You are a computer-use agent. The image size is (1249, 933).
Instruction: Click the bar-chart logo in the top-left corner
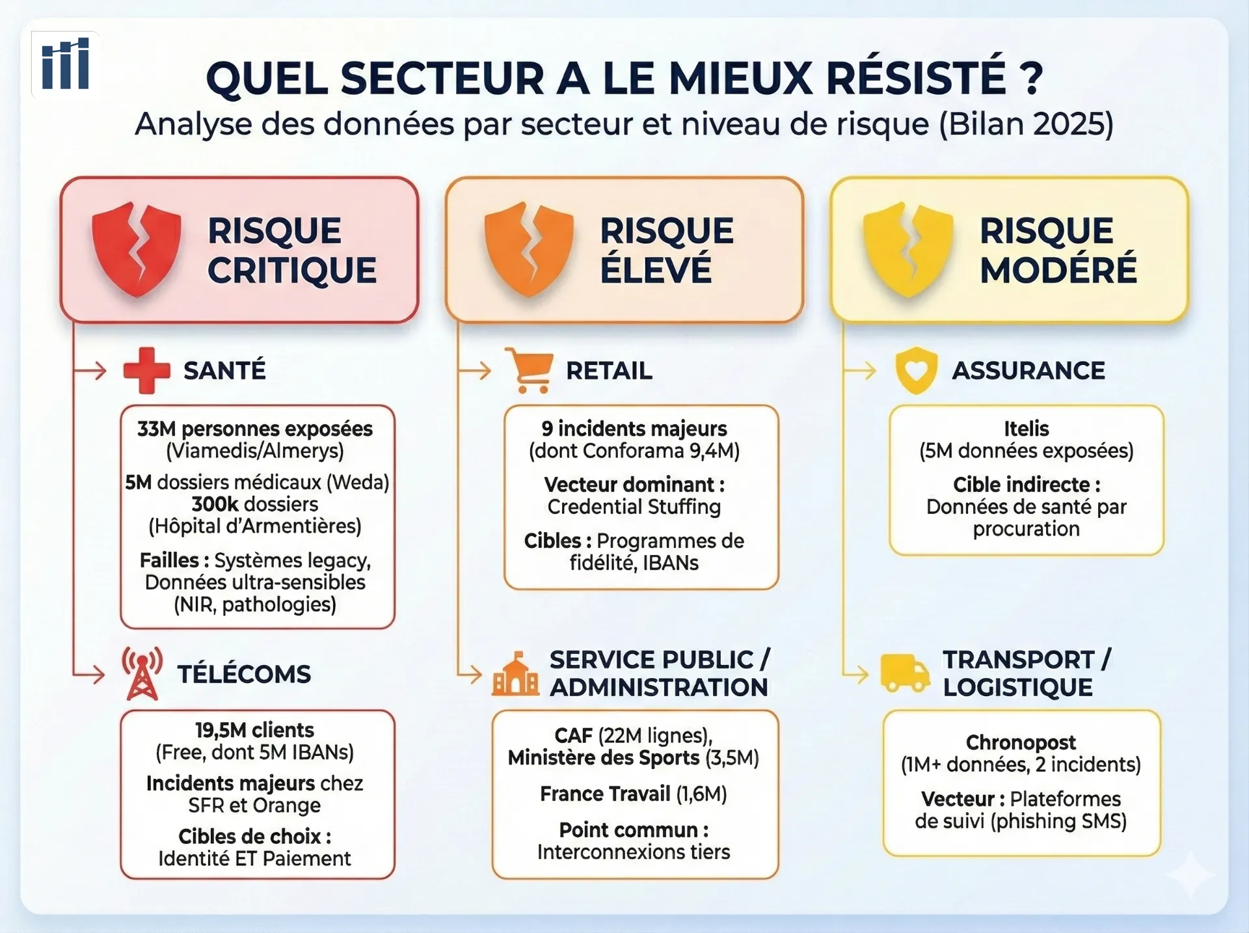tap(65, 64)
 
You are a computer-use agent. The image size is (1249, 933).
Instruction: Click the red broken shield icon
tap(137, 250)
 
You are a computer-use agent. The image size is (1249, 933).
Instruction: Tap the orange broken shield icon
tap(529, 250)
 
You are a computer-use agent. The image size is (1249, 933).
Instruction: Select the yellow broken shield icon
tap(908, 250)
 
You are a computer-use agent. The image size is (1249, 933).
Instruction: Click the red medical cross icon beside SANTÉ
tap(146, 370)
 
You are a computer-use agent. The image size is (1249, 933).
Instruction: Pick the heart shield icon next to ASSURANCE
tap(916, 371)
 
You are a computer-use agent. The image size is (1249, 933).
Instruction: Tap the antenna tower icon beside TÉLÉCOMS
tap(142, 674)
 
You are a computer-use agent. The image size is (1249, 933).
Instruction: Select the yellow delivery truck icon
tap(904, 673)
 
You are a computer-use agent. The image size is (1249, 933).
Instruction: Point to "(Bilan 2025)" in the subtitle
tap(1026, 124)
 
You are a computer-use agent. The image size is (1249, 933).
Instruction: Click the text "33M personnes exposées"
tap(255, 429)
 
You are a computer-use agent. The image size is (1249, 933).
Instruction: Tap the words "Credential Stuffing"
tap(634, 507)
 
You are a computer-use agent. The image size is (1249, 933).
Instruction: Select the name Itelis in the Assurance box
tap(1026, 429)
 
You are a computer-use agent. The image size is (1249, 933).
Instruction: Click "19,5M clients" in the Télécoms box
tap(254, 730)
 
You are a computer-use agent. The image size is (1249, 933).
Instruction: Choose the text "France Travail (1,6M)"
tap(633, 794)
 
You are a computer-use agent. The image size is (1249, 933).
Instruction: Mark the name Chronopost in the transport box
tap(1021, 742)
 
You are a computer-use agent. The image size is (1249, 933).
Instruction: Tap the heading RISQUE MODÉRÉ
tap(1058, 250)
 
